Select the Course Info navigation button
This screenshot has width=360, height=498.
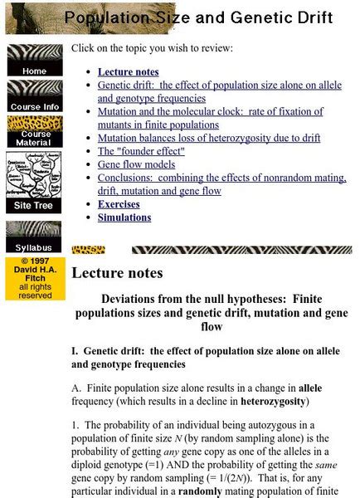click(34, 96)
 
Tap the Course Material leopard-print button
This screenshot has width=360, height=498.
click(34, 133)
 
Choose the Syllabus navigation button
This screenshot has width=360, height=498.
click(34, 237)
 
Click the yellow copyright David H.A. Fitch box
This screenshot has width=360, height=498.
click(34, 278)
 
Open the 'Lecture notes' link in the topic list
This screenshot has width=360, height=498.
click(128, 72)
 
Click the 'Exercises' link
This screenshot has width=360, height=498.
click(119, 204)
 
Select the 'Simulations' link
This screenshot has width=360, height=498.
click(124, 217)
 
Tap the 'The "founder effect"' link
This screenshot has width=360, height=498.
click(141, 151)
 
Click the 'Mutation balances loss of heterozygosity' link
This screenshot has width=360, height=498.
click(207, 138)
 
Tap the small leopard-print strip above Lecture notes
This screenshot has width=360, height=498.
click(88, 250)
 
